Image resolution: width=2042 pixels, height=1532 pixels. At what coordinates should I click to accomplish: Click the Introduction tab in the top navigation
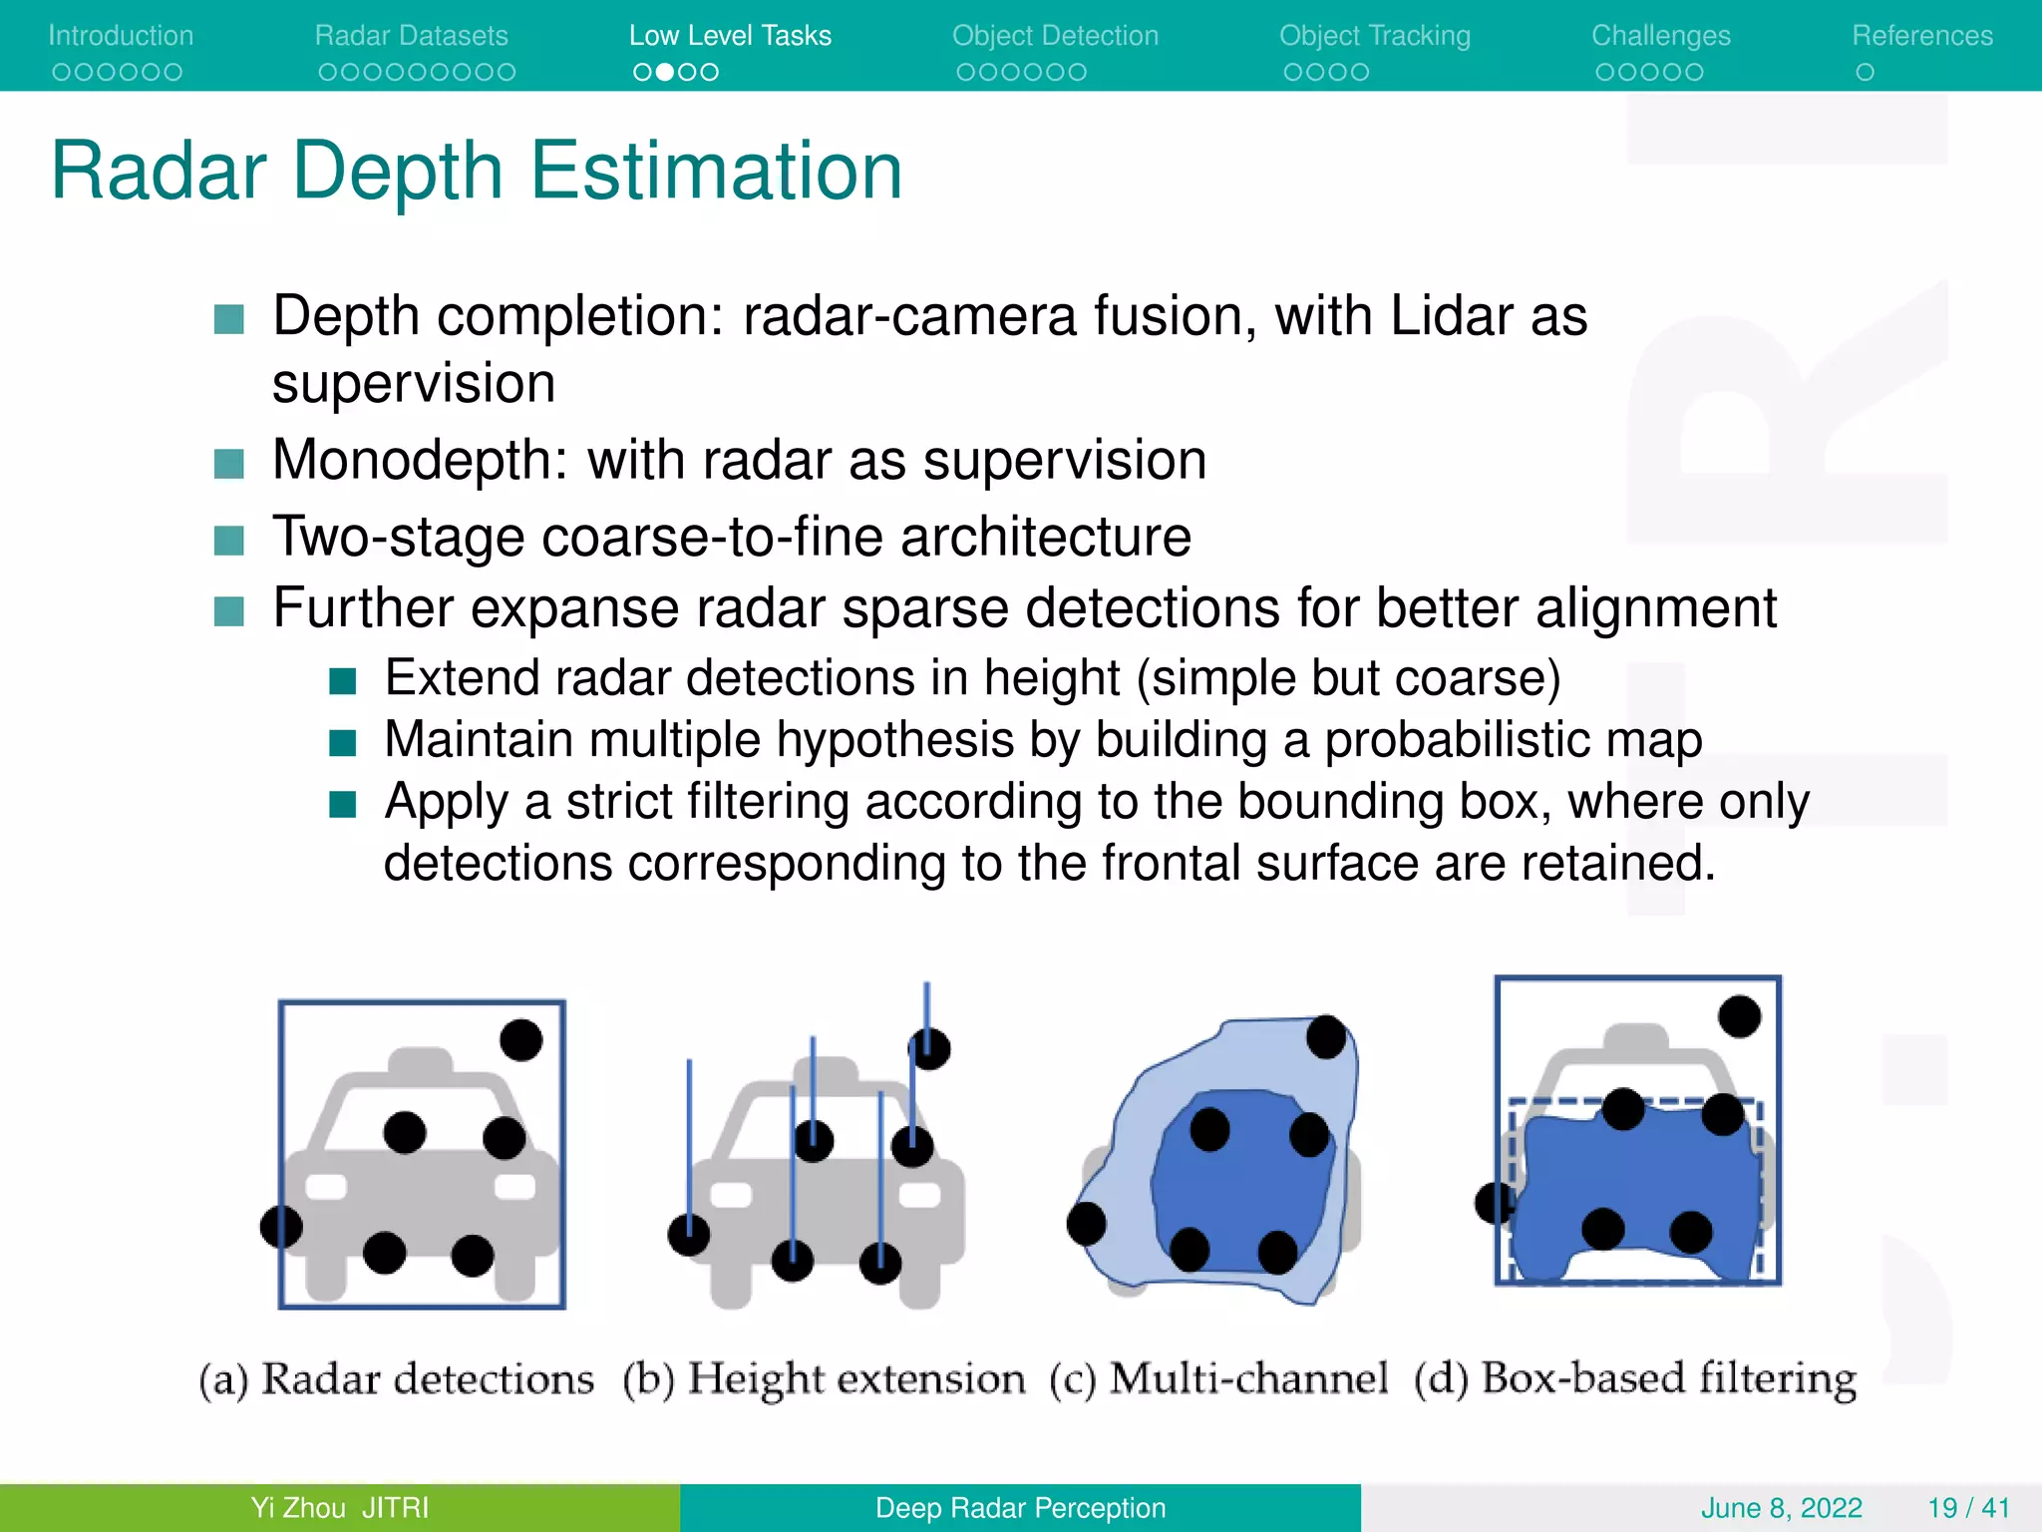pos(121,36)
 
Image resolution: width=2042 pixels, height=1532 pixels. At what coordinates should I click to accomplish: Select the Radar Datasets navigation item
pos(411,36)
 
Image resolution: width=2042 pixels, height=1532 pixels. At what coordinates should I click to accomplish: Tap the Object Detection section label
pos(1055,36)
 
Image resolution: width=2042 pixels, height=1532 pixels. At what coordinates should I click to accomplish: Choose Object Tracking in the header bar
pos(1374,36)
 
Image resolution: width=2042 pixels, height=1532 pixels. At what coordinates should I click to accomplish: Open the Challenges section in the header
pos(1660,36)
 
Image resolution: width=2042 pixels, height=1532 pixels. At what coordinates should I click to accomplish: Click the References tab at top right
pos(1921,36)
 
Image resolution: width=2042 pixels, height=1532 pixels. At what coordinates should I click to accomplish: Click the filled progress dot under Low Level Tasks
pos(665,72)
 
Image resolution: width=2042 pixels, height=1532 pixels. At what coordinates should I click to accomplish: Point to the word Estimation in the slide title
pos(716,172)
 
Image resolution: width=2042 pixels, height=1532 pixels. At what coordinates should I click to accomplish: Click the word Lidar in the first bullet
pos(1452,317)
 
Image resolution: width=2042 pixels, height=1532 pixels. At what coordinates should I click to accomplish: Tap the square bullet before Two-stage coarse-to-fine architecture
pos(229,541)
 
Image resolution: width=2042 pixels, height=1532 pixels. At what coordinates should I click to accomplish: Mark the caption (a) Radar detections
pos(396,1379)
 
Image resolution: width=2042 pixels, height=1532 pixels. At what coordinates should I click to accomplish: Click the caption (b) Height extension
pos(824,1379)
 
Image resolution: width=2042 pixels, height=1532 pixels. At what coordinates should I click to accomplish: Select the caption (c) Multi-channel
pos(1217,1379)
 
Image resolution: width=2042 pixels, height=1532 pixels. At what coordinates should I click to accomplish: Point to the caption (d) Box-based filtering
pos(1635,1379)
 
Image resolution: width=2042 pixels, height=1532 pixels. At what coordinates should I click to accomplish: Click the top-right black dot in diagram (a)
pos(520,1040)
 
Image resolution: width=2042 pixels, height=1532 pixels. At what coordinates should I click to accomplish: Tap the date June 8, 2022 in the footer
pos(1781,1508)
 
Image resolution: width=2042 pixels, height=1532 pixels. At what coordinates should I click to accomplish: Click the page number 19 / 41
pos(1968,1508)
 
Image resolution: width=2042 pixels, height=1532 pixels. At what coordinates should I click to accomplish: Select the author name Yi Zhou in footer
pos(298,1508)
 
